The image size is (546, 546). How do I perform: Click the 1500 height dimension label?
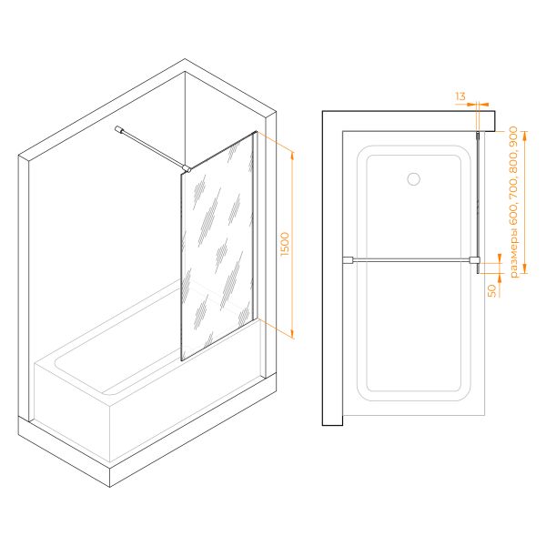pos(285,244)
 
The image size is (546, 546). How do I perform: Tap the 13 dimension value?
pos(460,96)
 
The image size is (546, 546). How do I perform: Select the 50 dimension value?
pos(492,291)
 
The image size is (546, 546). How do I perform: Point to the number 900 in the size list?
pos(514,136)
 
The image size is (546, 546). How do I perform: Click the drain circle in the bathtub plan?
pos(414,179)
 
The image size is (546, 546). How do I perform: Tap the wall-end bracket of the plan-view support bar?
pos(348,260)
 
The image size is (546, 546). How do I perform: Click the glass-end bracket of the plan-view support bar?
pos(475,260)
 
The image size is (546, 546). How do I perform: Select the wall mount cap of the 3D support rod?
pos(119,129)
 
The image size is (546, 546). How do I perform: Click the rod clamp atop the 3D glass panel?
pos(187,169)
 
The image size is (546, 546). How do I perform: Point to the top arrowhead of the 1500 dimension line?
pos(292,156)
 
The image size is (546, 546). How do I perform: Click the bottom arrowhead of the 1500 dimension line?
pos(292,334)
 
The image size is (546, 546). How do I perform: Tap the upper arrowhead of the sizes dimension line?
pos(525,135)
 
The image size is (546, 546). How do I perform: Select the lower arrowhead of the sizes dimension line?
pos(525,269)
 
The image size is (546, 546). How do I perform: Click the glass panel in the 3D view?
pos(217,247)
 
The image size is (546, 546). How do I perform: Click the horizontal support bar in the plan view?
pos(411,259)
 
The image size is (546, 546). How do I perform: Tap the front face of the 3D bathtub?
pos(72,411)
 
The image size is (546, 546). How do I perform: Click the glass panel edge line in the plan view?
pos(478,202)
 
